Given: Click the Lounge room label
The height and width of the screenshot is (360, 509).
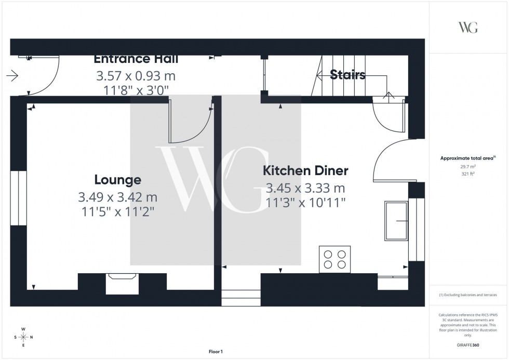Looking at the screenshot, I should [117, 180].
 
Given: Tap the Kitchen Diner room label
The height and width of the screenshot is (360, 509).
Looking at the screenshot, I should [305, 170].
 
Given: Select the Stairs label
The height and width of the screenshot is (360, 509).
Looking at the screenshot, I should [347, 75].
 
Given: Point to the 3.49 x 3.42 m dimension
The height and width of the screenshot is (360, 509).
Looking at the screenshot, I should [117, 197].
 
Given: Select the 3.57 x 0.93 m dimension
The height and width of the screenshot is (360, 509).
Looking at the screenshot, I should [136, 76].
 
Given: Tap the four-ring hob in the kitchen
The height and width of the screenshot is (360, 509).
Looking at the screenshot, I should [334, 259].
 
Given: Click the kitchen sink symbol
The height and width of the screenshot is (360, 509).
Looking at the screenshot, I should [396, 221].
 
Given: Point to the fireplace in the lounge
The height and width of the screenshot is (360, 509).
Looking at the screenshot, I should [122, 284].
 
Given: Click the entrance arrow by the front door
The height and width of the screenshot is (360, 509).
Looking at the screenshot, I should [12, 76].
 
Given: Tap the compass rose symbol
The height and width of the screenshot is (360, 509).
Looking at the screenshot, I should [23, 337].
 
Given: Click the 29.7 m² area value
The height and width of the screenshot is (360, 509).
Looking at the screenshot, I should [468, 166].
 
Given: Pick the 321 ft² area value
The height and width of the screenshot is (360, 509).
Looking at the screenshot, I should [468, 174].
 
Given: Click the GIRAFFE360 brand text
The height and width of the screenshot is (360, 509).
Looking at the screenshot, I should [468, 345].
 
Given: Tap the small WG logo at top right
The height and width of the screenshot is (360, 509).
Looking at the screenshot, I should [468, 28].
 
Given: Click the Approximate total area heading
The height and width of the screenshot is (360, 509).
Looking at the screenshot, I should [468, 158].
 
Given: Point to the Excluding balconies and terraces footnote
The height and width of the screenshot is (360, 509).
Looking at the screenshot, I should [468, 295].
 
